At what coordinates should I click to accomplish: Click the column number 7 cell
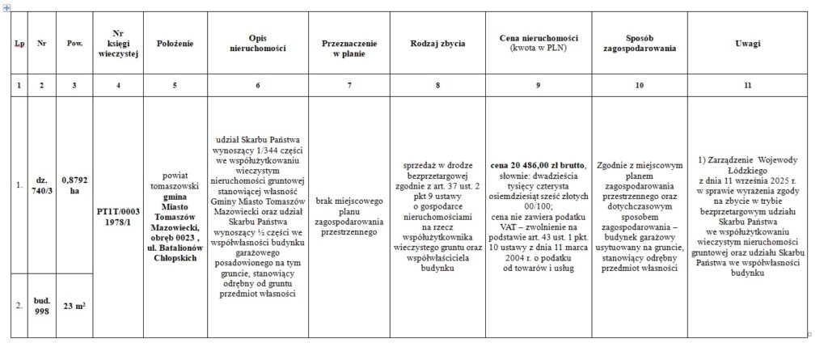click(349, 84)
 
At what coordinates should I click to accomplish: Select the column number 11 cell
click(747, 84)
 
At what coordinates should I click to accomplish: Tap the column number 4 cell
click(119, 84)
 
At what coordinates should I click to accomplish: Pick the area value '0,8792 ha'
click(75, 185)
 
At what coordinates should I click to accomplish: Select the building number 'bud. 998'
click(41, 305)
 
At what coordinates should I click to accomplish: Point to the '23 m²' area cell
click(75, 305)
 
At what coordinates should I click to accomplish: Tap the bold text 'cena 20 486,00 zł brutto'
click(538, 166)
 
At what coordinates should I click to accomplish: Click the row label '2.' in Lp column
click(18, 305)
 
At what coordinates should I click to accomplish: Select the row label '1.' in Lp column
click(18, 185)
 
